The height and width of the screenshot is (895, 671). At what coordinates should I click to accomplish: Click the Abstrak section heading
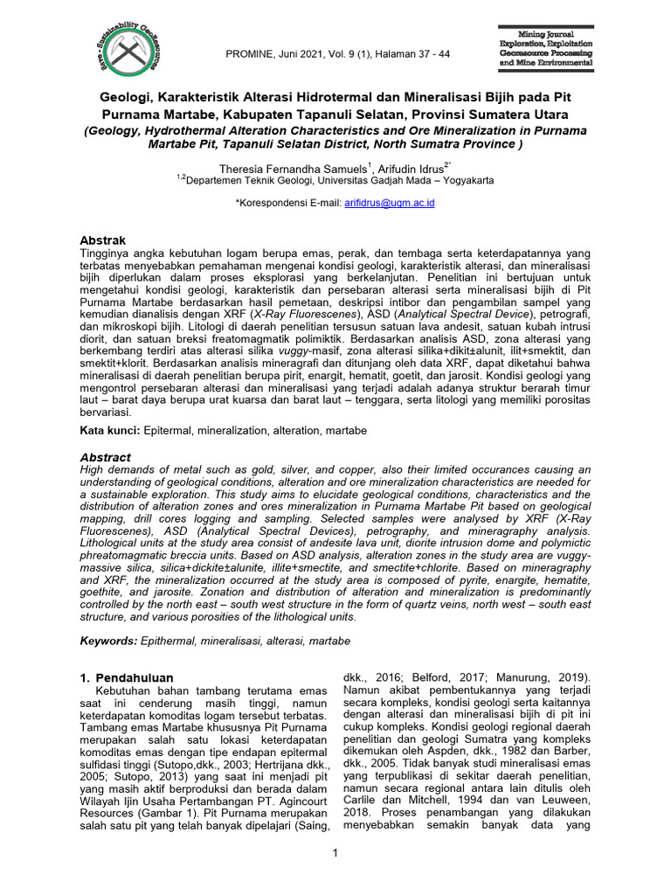point(103,240)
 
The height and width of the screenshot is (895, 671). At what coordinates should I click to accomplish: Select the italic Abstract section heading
point(106,457)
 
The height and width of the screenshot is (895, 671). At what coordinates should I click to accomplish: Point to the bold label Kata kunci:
point(110,431)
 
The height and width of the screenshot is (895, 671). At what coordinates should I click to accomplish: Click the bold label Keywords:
point(108,641)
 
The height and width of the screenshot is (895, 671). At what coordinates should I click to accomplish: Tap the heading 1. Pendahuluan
point(127,677)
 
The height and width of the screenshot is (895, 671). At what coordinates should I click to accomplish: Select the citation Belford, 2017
point(429,677)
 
